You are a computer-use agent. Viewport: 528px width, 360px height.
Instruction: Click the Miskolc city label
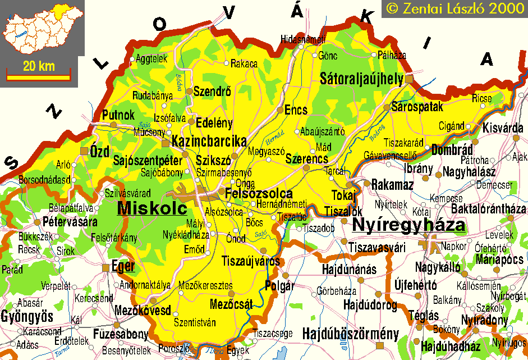click(151, 208)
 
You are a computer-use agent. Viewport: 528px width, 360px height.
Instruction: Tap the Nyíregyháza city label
click(408, 226)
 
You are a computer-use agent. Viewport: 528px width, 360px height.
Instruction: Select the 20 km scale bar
click(38, 71)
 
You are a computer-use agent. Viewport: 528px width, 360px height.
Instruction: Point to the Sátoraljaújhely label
click(361, 79)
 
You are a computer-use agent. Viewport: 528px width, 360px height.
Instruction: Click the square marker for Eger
click(105, 268)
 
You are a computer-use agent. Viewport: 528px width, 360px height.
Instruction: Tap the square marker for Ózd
click(84, 151)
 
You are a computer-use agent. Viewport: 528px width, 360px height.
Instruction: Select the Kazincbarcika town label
click(209, 141)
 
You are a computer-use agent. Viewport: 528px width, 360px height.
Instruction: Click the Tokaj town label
click(344, 195)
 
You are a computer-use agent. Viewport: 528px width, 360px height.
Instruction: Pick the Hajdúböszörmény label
click(350, 333)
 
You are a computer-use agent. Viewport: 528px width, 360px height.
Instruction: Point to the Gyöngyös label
click(26, 315)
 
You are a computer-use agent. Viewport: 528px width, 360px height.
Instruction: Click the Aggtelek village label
click(151, 58)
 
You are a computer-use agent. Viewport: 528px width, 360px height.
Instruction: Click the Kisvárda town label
click(502, 127)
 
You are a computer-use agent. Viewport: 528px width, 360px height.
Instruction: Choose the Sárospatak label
click(417, 106)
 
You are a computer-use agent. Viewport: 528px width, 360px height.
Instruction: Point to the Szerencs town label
click(306, 159)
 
